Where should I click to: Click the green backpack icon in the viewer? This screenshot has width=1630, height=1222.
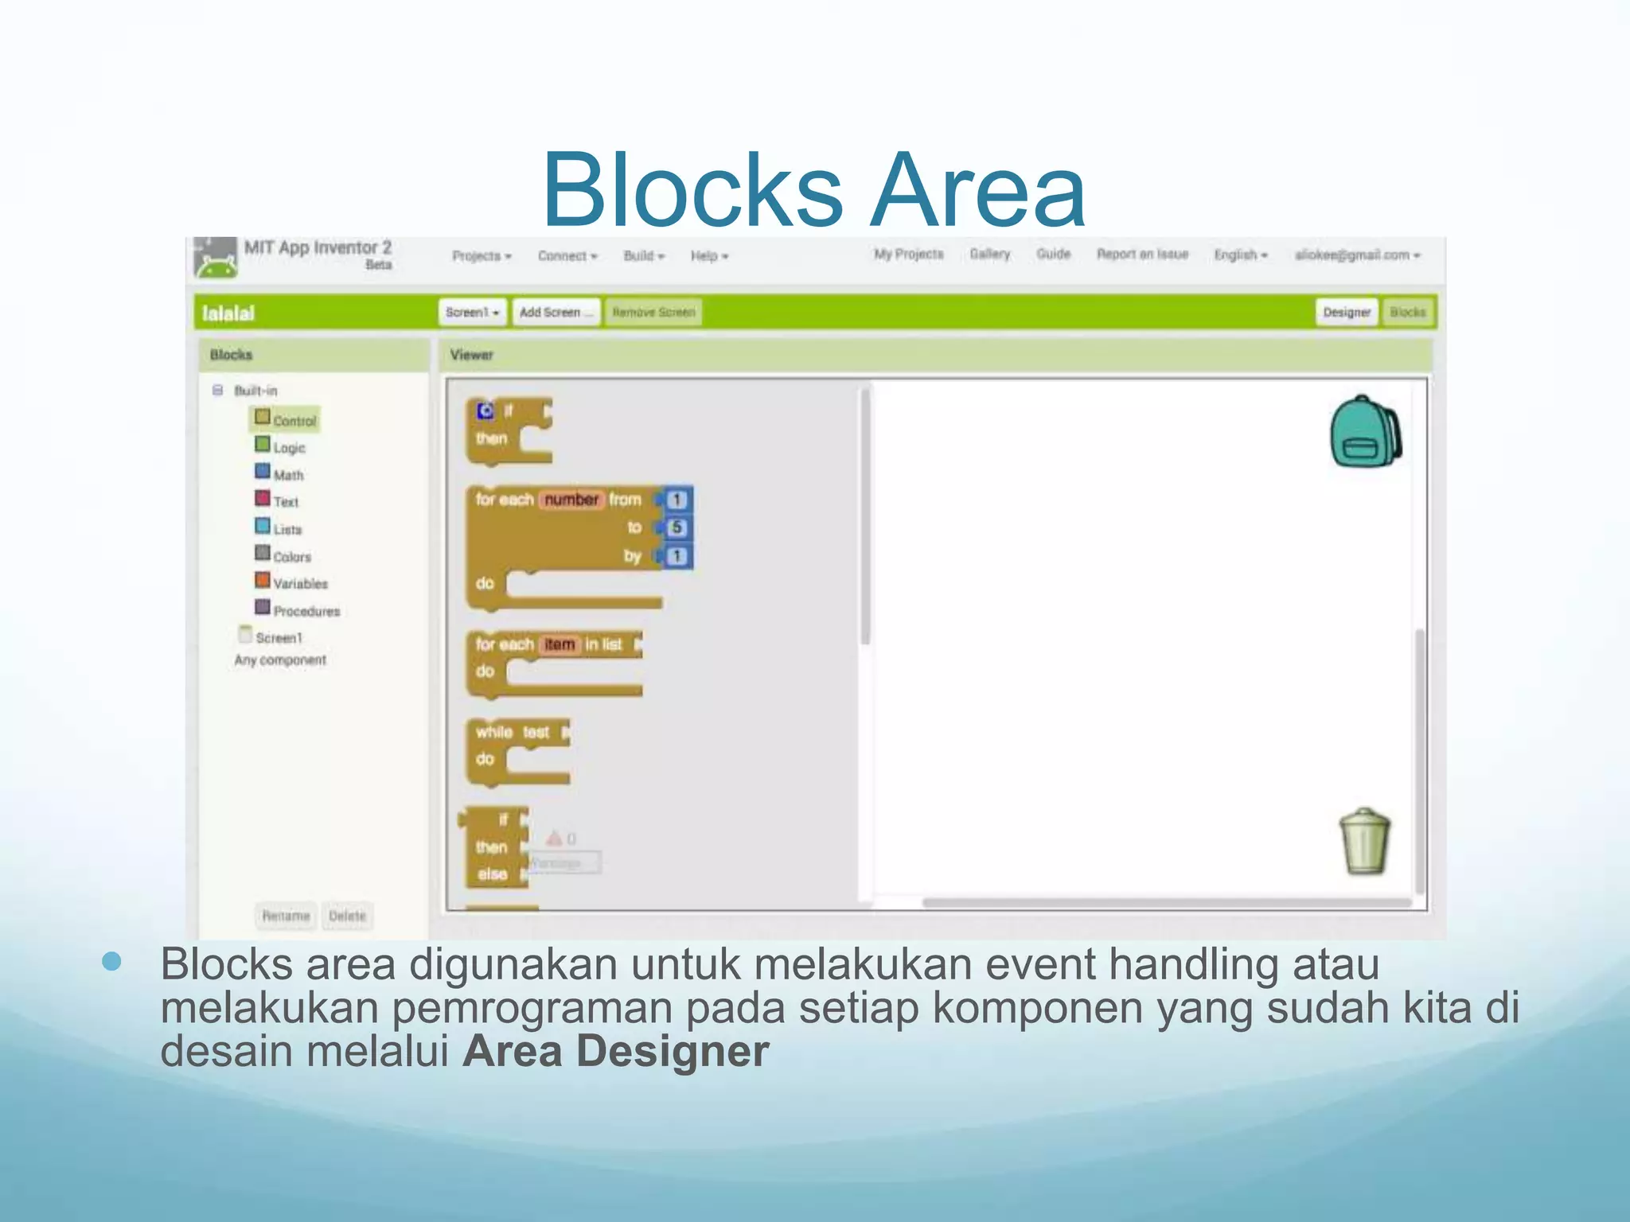pos(1364,432)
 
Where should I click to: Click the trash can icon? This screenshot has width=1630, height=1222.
pos(1364,842)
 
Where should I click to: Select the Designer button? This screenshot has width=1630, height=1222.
pos(1346,313)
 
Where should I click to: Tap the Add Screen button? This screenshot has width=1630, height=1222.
pos(556,313)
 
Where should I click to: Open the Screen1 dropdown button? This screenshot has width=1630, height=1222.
pos(472,313)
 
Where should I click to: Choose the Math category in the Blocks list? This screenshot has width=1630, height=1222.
pos(287,475)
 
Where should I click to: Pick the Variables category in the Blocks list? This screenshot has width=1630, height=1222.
pos(299,583)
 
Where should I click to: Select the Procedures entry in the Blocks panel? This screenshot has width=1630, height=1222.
pos(306,611)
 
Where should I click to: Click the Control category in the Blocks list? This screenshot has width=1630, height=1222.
pos(294,420)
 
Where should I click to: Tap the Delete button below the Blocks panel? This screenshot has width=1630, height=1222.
pos(347,916)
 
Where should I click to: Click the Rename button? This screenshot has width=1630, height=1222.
pos(286,916)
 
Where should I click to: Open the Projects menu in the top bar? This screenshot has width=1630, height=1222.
pos(481,256)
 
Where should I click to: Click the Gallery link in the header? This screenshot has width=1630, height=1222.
pos(989,255)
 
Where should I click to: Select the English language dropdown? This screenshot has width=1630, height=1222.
pos(1240,255)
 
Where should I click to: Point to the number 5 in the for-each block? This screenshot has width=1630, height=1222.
pos(677,527)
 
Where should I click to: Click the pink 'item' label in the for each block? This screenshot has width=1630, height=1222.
pos(560,644)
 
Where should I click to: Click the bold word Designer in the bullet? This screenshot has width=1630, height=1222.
pos(673,1051)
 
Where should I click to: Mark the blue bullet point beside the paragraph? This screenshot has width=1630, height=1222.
pos(111,962)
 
